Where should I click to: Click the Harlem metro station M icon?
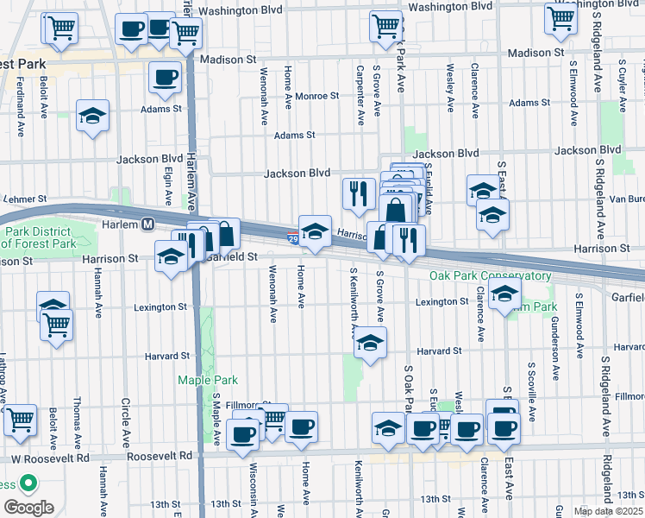pyautogui.click(x=148, y=224)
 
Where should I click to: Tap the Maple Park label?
pyautogui.click(x=207, y=380)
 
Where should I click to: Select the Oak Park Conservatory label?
pyautogui.click(x=491, y=276)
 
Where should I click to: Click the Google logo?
pyautogui.click(x=28, y=507)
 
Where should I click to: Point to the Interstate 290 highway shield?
pyautogui.click(x=293, y=237)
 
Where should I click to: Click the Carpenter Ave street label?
pyautogui.click(x=360, y=92)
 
